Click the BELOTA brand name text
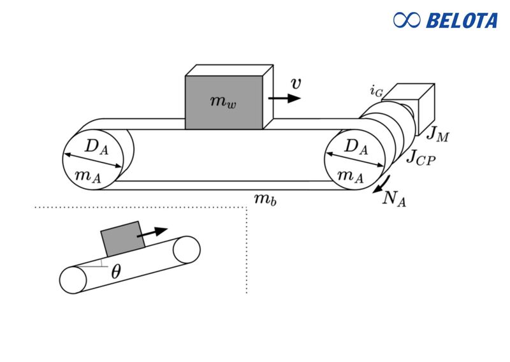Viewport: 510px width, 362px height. point(462,20)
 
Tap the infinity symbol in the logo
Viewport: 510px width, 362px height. point(407,20)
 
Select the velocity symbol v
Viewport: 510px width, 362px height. point(296,83)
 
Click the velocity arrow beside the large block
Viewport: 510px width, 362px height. point(285,98)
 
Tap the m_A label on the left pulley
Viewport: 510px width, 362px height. point(87,177)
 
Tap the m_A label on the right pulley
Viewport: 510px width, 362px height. point(350,175)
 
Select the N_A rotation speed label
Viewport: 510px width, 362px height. point(394,198)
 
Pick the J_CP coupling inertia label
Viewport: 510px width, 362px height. point(421,156)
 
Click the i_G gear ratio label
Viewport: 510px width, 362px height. point(377,91)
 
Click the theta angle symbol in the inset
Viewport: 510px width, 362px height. point(115,272)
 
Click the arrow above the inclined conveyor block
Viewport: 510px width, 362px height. point(153,232)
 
